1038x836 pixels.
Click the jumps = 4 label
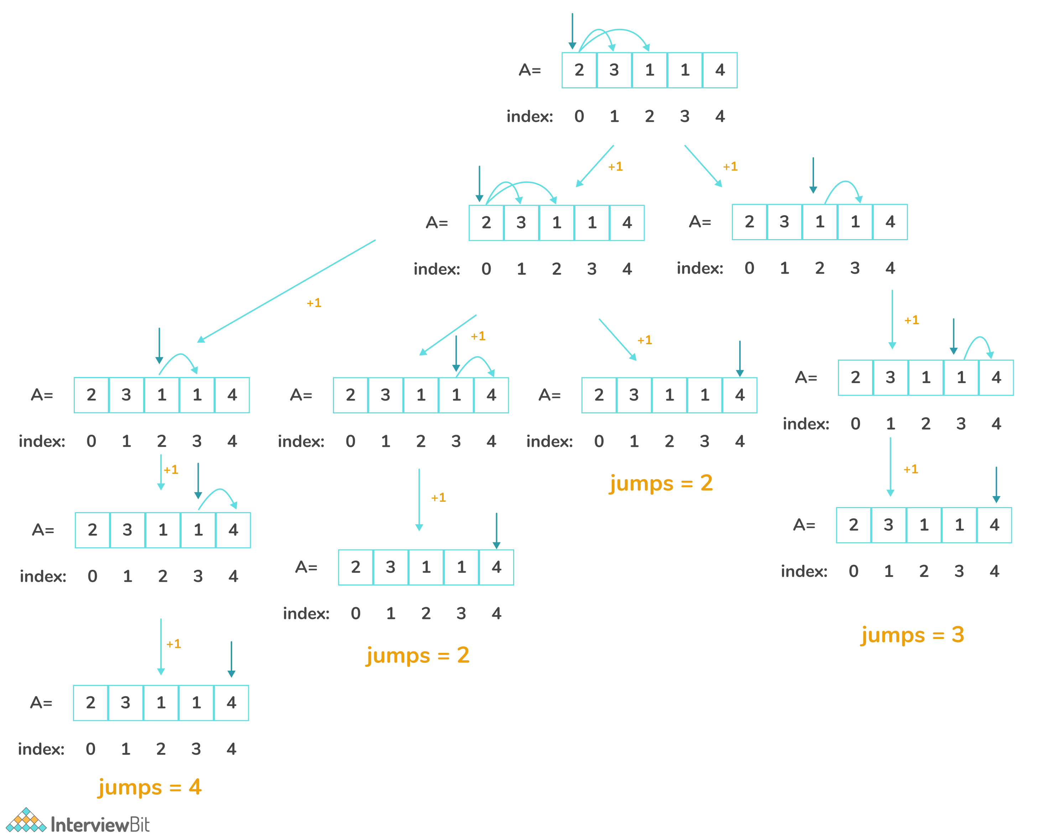pos(150,787)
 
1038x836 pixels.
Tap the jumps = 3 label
pos(912,635)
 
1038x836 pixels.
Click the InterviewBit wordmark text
pos(100,825)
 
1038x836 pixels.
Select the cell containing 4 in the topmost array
pos(720,70)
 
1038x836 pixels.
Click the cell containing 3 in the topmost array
pos(614,70)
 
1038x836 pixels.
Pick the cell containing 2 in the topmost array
pos(579,70)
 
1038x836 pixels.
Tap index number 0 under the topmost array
pos(579,116)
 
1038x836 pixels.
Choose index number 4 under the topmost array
pos(720,116)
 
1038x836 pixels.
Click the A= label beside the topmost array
pos(530,70)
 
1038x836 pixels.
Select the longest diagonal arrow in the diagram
pos(286,291)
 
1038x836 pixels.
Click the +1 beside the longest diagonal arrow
pos(314,303)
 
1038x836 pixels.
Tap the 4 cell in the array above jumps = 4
pos(231,702)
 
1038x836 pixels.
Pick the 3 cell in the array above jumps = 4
pos(126,702)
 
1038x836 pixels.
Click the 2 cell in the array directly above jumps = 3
pos(854,525)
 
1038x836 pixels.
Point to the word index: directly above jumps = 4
pos(41,749)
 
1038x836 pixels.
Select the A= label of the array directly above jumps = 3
pos(804,525)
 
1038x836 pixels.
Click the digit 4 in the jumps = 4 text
pos(195,787)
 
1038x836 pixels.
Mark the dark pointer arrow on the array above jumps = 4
pos(231,659)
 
